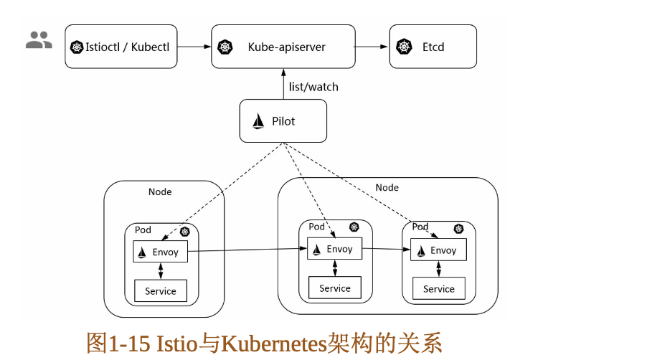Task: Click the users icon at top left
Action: point(39,40)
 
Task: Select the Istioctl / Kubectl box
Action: point(121,47)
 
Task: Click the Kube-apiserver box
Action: point(283,47)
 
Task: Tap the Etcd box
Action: point(433,47)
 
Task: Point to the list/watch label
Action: point(313,87)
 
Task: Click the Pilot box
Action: point(283,121)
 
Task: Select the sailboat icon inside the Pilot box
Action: point(258,121)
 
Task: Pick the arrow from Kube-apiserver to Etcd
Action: point(372,47)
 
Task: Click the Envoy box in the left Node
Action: point(160,252)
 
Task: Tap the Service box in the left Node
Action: point(160,291)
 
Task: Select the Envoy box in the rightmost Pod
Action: point(438,250)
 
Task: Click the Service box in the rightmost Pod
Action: point(438,289)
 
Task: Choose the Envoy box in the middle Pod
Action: point(334,249)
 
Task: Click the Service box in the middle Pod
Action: point(334,288)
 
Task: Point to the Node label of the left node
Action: point(160,191)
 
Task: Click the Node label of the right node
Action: point(387,187)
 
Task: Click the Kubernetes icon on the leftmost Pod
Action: point(185,231)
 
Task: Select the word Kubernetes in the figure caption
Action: point(273,343)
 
